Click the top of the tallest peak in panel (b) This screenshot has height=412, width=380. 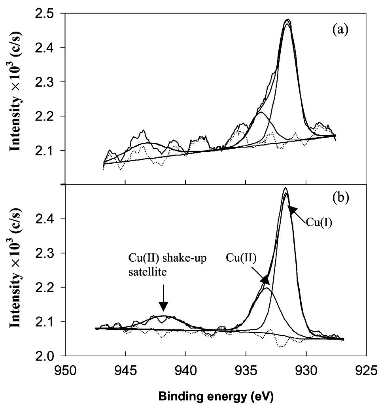(x=285, y=188)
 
